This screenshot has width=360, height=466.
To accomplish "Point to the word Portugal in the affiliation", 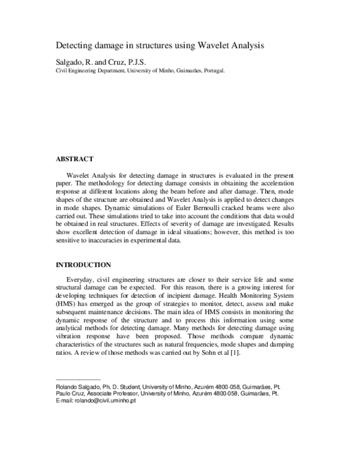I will [x=213, y=70].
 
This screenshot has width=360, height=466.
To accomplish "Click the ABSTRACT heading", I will [x=74, y=159].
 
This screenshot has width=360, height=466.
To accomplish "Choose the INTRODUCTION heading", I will [x=83, y=264].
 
